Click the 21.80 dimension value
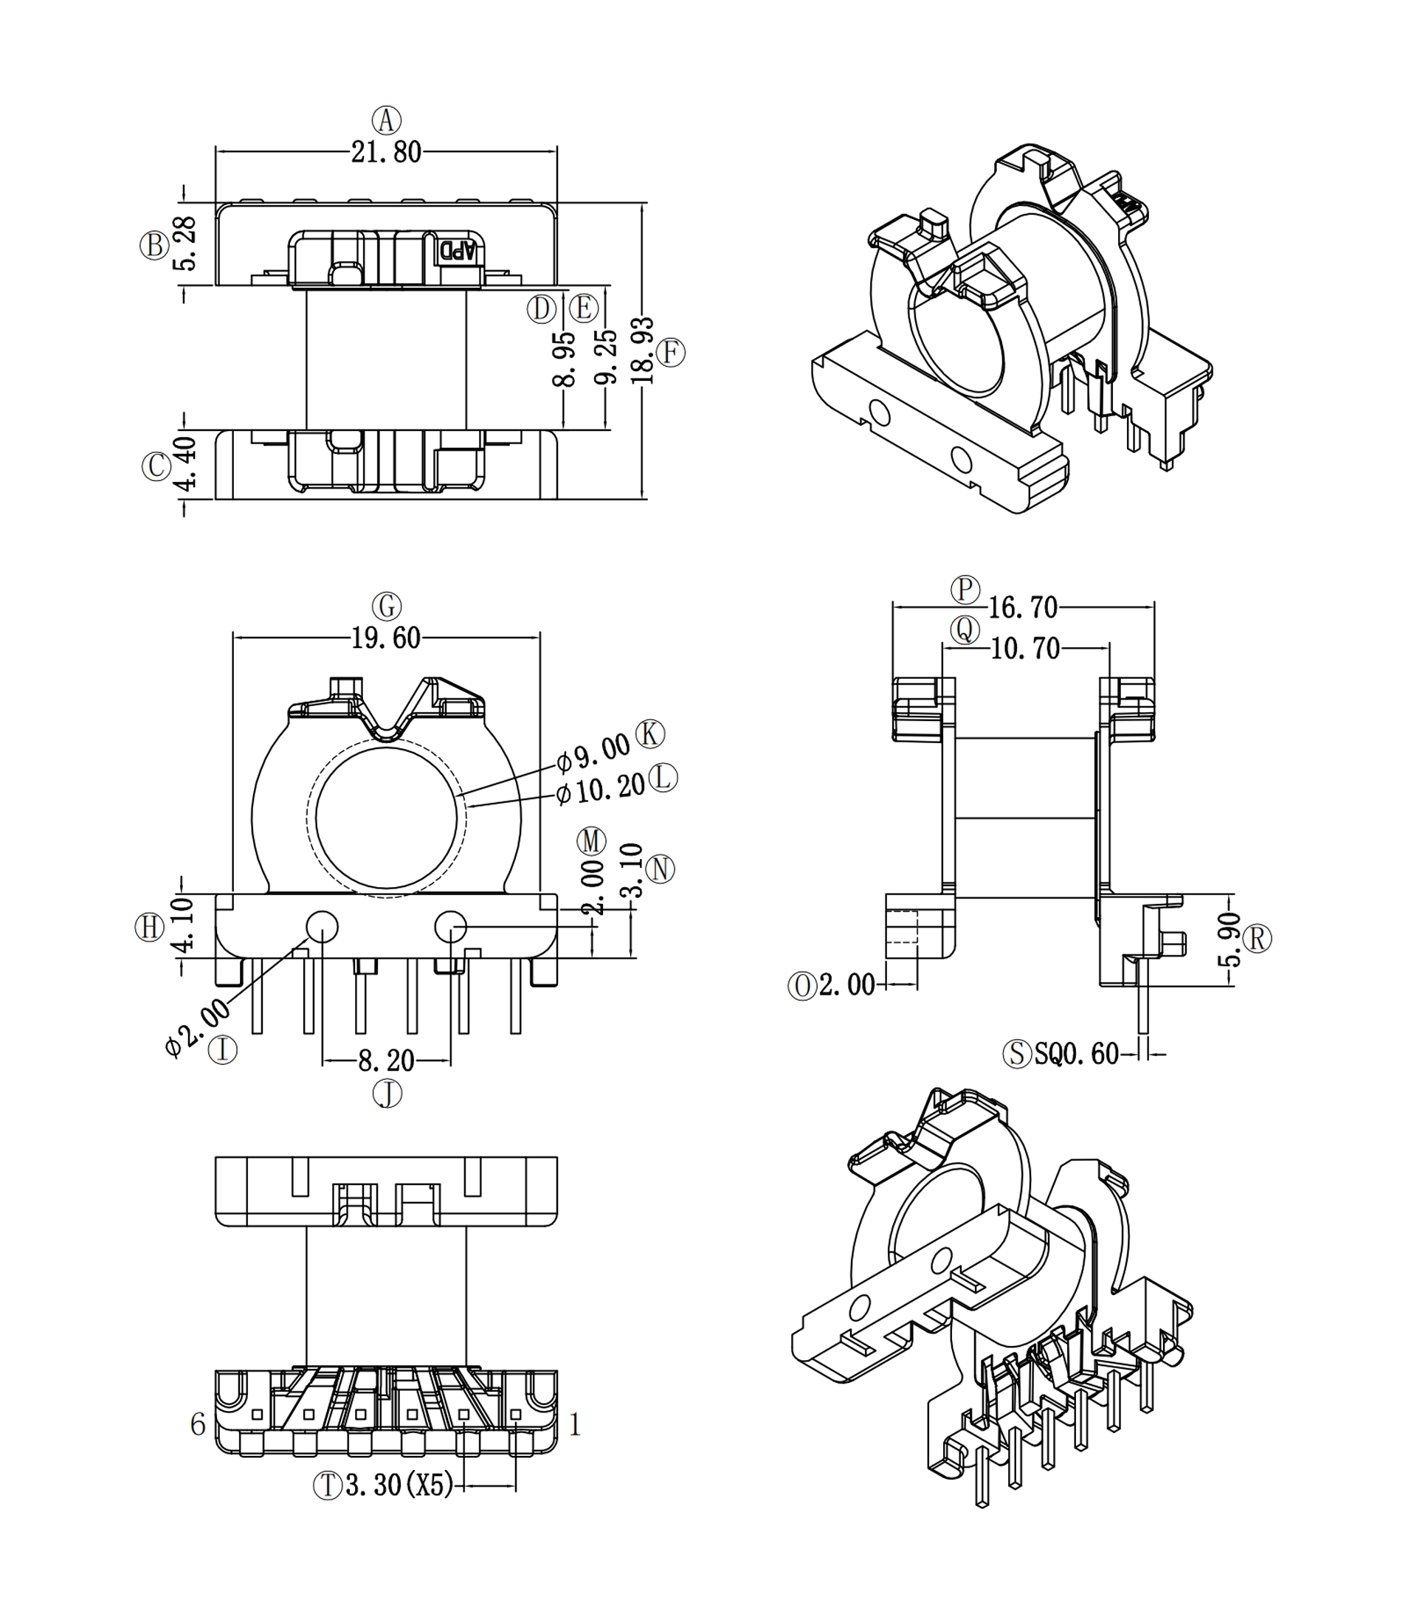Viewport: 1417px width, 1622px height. click(386, 152)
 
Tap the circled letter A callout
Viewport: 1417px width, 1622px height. click(387, 121)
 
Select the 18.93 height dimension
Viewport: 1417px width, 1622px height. click(644, 351)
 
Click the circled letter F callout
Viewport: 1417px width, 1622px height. click(671, 353)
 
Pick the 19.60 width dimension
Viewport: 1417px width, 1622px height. click(386, 638)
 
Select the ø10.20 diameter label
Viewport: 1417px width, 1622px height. click(600, 790)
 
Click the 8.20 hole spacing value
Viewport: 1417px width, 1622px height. click(386, 1060)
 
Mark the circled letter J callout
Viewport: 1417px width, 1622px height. click(387, 1093)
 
